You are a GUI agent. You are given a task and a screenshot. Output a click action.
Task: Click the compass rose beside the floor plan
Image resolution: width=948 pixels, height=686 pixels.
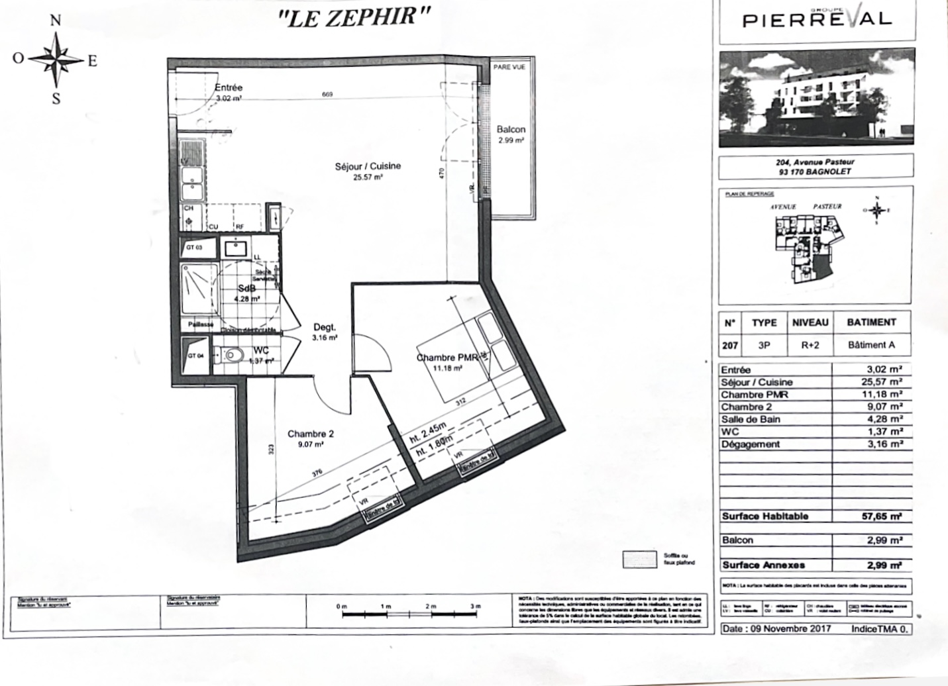[56, 60]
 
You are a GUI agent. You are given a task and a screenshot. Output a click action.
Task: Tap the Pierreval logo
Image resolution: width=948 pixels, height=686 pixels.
[816, 19]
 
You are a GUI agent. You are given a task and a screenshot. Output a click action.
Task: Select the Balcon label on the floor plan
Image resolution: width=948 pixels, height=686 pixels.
[511, 130]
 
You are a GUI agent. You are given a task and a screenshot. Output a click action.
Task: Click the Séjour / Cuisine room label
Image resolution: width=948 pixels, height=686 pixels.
[368, 166]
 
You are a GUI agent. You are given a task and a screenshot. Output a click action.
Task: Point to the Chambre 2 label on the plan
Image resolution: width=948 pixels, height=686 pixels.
[310, 434]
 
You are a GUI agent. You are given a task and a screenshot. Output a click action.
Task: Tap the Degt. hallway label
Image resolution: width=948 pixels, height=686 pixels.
[325, 327]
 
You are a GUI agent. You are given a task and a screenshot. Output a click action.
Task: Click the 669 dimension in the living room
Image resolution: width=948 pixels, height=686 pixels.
[327, 95]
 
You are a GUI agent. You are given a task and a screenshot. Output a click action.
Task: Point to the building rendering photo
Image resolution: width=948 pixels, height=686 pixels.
[816, 98]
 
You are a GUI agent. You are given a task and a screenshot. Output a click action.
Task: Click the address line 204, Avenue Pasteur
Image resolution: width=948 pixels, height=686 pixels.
[815, 162]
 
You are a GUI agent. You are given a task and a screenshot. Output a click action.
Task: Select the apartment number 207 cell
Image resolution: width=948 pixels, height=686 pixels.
[729, 345]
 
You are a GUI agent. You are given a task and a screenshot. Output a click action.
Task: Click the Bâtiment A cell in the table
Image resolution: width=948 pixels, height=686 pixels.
[871, 345]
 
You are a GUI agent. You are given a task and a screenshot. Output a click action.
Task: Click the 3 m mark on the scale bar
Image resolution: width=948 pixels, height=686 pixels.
[475, 606]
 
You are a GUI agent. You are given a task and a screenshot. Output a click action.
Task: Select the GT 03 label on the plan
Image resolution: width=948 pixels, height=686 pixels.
[193, 248]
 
